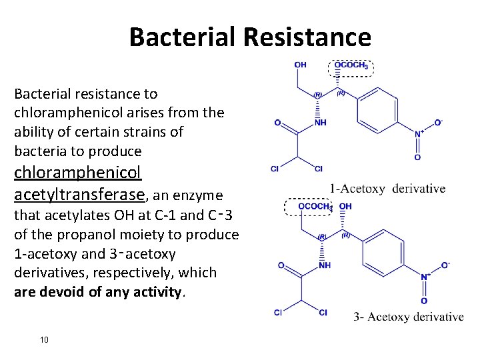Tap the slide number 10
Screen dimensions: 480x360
pos(44,340)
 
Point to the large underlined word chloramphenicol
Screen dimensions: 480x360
pos(78,173)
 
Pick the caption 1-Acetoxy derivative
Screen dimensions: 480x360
pos(387,189)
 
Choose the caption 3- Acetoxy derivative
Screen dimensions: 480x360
pos(408,317)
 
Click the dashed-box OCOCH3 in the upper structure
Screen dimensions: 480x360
pos(351,65)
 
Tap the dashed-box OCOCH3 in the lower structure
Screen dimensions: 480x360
pos(315,207)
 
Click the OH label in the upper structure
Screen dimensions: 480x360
pos(300,65)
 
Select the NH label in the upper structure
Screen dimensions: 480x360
pos(321,123)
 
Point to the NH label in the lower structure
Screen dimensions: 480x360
pos(325,265)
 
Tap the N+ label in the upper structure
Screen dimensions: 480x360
pos(419,133)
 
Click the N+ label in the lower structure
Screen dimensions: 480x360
pos(424,277)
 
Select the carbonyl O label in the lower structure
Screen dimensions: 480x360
pos(281,265)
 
